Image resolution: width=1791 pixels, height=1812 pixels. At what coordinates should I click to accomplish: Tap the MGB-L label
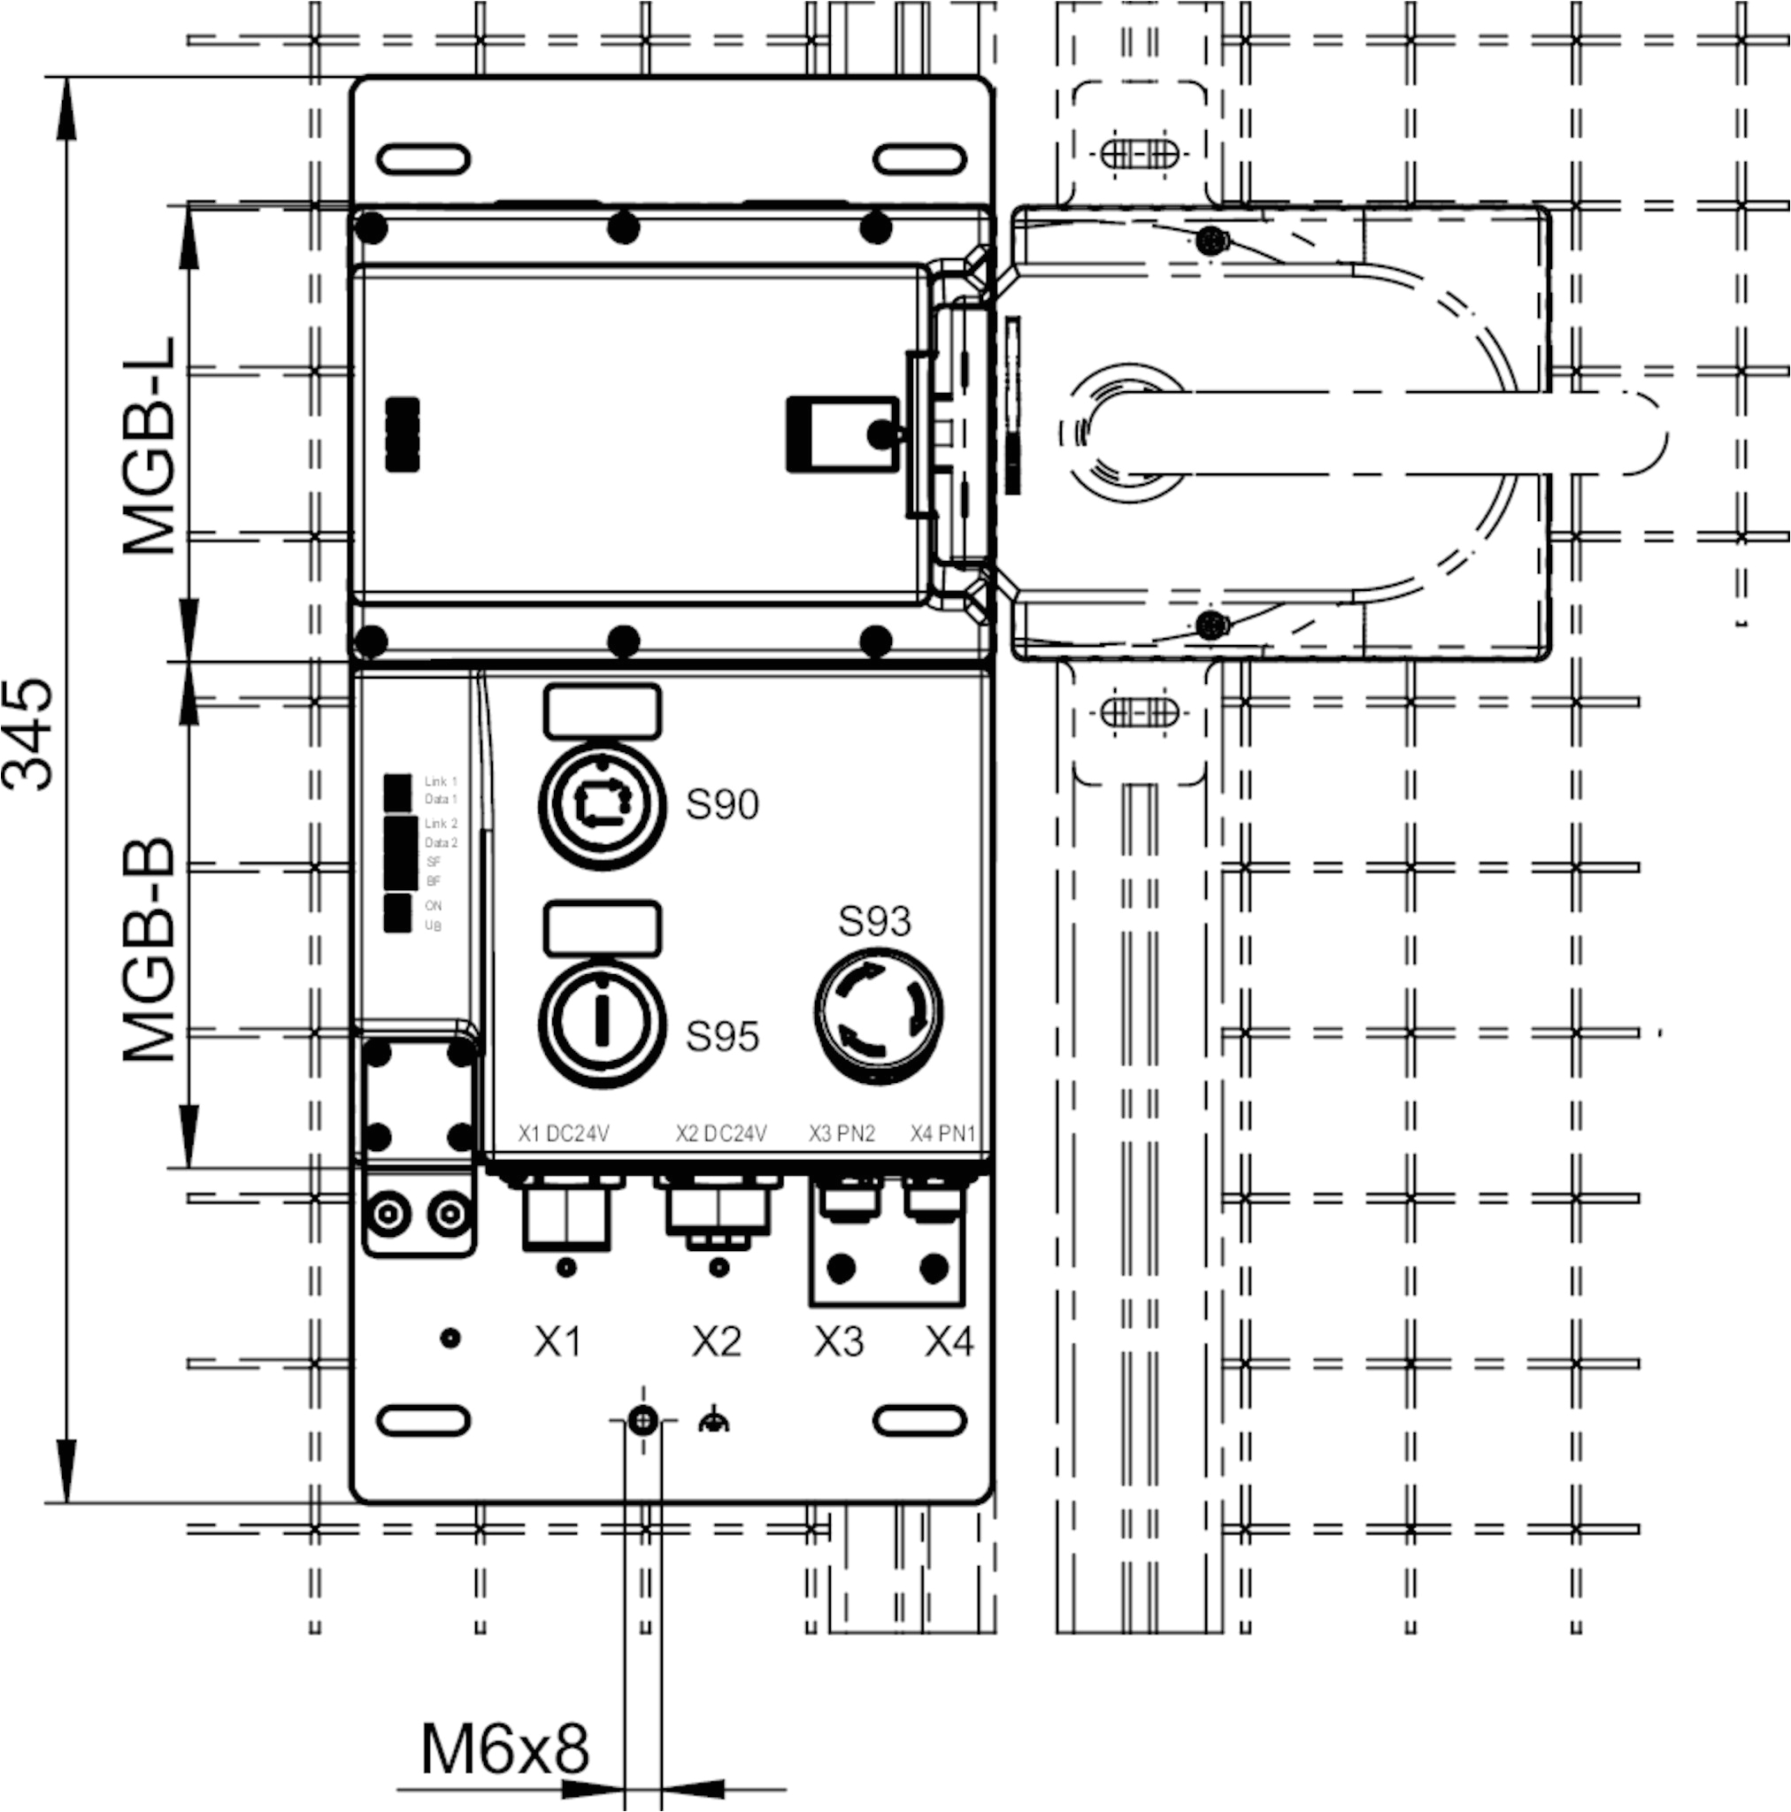pos(150,447)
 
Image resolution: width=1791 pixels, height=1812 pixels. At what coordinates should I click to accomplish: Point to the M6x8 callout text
pos(503,1747)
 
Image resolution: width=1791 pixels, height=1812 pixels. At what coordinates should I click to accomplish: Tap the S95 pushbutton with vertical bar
pos(603,1024)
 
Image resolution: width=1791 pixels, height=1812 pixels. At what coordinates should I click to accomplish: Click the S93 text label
pos(873,921)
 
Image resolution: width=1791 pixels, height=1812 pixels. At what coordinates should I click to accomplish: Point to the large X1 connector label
pos(557,1341)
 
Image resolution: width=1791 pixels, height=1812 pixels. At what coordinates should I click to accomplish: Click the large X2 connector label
pos(716,1341)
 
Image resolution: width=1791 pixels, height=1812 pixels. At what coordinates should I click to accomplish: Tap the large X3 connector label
pos(838,1341)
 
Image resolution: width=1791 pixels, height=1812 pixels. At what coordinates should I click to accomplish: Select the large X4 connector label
pos(949,1341)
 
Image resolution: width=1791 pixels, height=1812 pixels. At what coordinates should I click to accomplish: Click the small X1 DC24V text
pos(564,1134)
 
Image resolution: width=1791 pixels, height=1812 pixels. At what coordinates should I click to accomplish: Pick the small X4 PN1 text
pos(943,1134)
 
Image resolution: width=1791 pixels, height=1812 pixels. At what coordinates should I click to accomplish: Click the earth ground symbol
pos(714,1422)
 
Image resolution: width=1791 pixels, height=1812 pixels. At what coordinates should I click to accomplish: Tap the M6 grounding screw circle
pos(642,1421)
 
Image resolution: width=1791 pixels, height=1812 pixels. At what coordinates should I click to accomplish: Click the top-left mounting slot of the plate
pos(423,159)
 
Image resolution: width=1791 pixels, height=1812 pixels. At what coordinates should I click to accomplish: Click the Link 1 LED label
pos(440,781)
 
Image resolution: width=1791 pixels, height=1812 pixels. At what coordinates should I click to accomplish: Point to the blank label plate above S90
pos(603,710)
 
